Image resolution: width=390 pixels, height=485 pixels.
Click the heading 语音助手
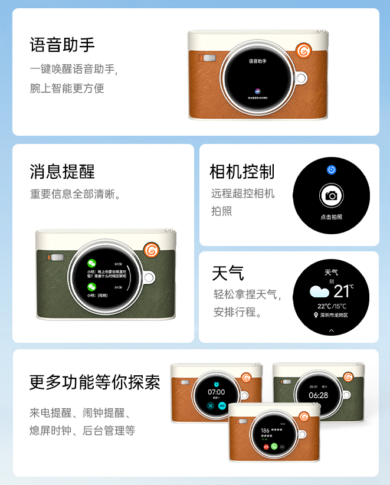tap(63, 45)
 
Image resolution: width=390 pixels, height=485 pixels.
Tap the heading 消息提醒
tap(63, 172)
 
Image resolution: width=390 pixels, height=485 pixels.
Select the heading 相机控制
tap(242, 172)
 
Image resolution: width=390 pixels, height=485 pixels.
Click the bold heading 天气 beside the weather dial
tap(228, 273)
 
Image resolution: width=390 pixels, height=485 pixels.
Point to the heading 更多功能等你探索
tap(95, 382)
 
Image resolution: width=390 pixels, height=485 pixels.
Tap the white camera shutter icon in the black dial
tap(332, 195)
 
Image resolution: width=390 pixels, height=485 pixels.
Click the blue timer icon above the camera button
tap(332, 170)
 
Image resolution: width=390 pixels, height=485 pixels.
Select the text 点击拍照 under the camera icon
tap(332, 217)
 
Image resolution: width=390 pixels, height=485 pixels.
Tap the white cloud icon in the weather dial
tap(320, 291)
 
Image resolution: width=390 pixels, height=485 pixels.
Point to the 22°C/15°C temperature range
tap(332, 306)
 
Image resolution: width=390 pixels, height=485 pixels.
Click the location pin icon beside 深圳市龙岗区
tap(316, 316)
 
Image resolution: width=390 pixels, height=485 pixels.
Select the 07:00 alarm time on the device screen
tap(217, 392)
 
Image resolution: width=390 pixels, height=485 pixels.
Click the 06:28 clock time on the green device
tap(318, 395)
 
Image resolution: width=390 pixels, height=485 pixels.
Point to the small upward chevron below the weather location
tap(332, 331)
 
